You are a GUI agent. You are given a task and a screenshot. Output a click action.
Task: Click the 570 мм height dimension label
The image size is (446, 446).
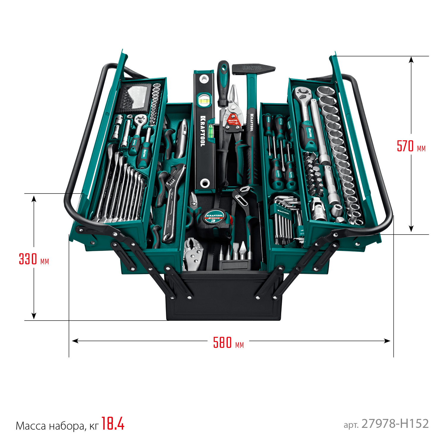(x=411, y=146)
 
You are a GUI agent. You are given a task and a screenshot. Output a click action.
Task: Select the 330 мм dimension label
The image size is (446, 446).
(x=34, y=259)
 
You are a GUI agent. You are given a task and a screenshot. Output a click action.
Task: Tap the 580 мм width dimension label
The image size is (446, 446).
(x=228, y=343)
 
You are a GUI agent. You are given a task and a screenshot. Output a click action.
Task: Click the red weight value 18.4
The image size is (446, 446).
(x=113, y=423)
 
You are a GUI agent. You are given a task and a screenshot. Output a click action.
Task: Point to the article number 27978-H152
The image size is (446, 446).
(x=395, y=424)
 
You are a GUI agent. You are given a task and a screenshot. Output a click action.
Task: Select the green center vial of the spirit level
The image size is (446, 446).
(x=204, y=100)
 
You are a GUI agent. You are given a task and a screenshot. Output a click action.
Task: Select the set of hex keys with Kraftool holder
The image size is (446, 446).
(x=284, y=220)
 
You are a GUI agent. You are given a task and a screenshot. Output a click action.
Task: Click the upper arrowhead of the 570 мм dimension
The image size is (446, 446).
(x=411, y=60)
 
